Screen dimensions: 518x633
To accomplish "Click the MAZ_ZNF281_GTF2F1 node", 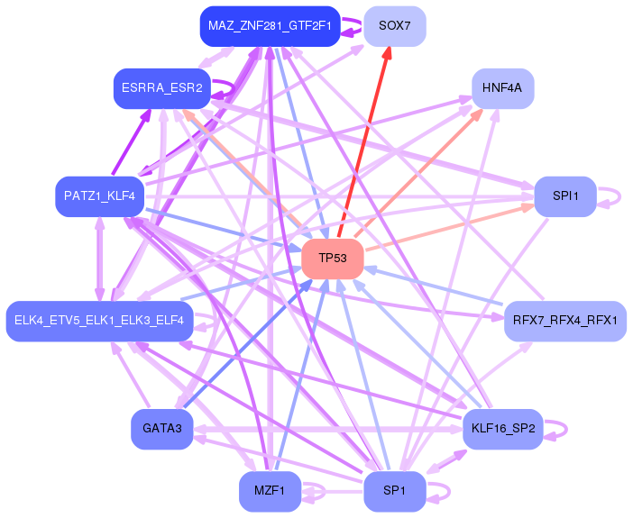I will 270,25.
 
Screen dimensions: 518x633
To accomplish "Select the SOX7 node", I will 395,25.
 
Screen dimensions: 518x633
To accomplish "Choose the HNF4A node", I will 503,88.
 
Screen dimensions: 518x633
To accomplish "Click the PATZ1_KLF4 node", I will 99,195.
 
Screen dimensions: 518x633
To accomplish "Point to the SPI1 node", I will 565,195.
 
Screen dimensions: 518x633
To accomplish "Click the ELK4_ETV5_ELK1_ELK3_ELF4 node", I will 99,321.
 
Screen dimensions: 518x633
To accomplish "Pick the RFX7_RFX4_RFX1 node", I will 565,321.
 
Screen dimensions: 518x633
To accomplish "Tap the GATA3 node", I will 162,429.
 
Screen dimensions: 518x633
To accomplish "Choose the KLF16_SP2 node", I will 503,429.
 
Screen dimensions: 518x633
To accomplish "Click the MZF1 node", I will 270,491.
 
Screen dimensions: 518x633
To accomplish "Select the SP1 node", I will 395,491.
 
